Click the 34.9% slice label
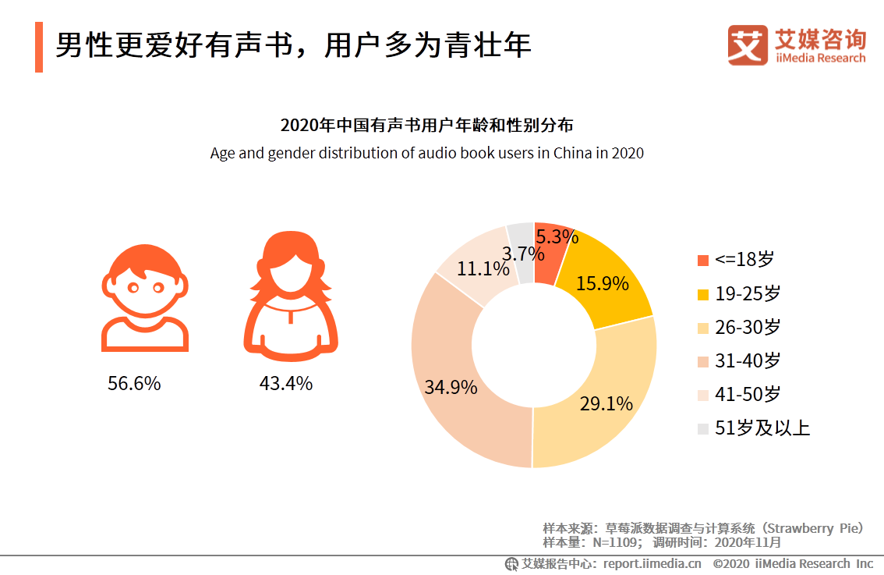tap(451, 387)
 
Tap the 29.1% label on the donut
tap(606, 403)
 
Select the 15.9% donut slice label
tap(602, 283)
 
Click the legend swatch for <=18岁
tap(703, 260)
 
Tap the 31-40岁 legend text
tap(748, 360)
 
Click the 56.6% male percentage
tap(134, 384)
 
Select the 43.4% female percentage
tap(285, 384)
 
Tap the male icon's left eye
tap(133, 288)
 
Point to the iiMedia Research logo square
tap(748, 45)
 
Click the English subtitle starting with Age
tap(426, 153)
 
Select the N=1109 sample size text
tap(614, 542)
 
